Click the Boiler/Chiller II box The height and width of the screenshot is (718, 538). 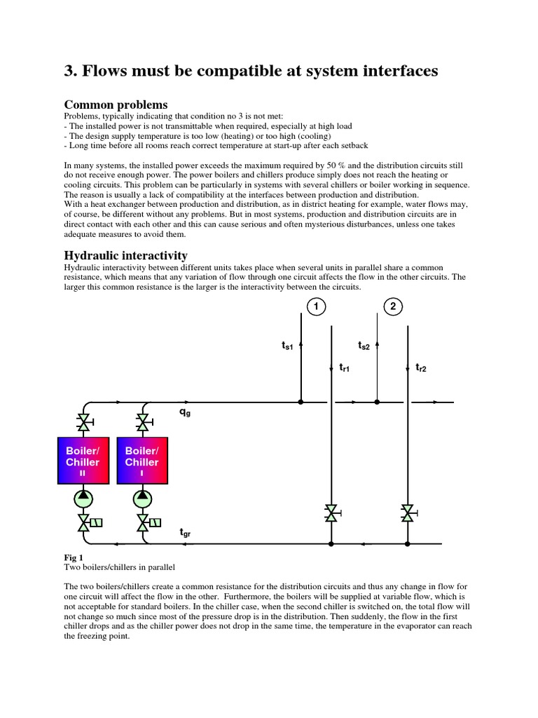[83, 459]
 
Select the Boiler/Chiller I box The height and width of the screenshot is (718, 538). [142, 459]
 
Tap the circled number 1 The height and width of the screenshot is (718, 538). [316, 306]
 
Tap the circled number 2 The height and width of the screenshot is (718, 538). [393, 306]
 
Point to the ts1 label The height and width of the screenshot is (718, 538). [287, 346]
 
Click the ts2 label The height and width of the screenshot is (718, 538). [364, 346]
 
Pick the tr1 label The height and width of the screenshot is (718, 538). [344, 367]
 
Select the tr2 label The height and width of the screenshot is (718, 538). [420, 367]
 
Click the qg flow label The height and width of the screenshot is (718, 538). [185, 413]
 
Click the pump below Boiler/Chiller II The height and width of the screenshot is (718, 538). [84, 499]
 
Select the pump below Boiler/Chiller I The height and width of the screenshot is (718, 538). [143, 499]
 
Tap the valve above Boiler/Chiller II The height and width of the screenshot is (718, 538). [84, 422]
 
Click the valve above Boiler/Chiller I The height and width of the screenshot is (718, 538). [143, 422]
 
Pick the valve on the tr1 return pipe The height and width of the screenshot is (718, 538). [331, 513]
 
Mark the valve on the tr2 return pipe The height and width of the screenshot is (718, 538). [407, 513]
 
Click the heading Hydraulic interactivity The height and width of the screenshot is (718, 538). [126, 256]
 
